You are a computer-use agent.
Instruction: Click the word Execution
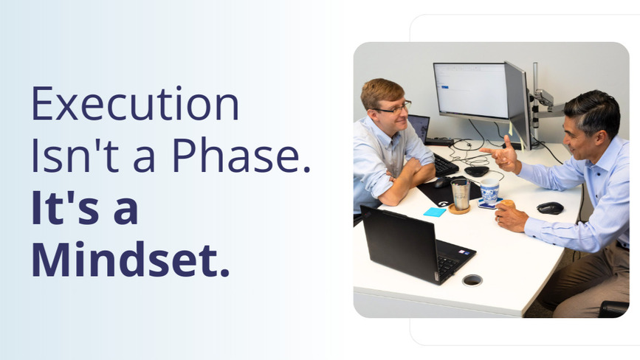[x=134, y=103]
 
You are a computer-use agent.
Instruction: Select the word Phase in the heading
[x=241, y=155]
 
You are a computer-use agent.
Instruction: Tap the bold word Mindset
[x=130, y=259]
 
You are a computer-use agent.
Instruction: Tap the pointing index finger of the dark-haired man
[x=489, y=150]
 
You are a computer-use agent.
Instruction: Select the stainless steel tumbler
[x=461, y=194]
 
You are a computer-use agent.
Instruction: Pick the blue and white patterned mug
[x=489, y=190]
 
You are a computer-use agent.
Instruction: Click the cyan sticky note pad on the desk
[x=435, y=212]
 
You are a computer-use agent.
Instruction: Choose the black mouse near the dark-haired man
[x=550, y=208]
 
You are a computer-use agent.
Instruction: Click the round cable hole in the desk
[x=472, y=280]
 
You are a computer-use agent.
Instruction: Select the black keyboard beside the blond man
[x=444, y=165]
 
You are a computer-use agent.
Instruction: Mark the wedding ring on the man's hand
[x=498, y=219]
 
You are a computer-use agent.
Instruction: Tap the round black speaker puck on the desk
[x=476, y=171]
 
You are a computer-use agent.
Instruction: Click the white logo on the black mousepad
[x=444, y=203]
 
